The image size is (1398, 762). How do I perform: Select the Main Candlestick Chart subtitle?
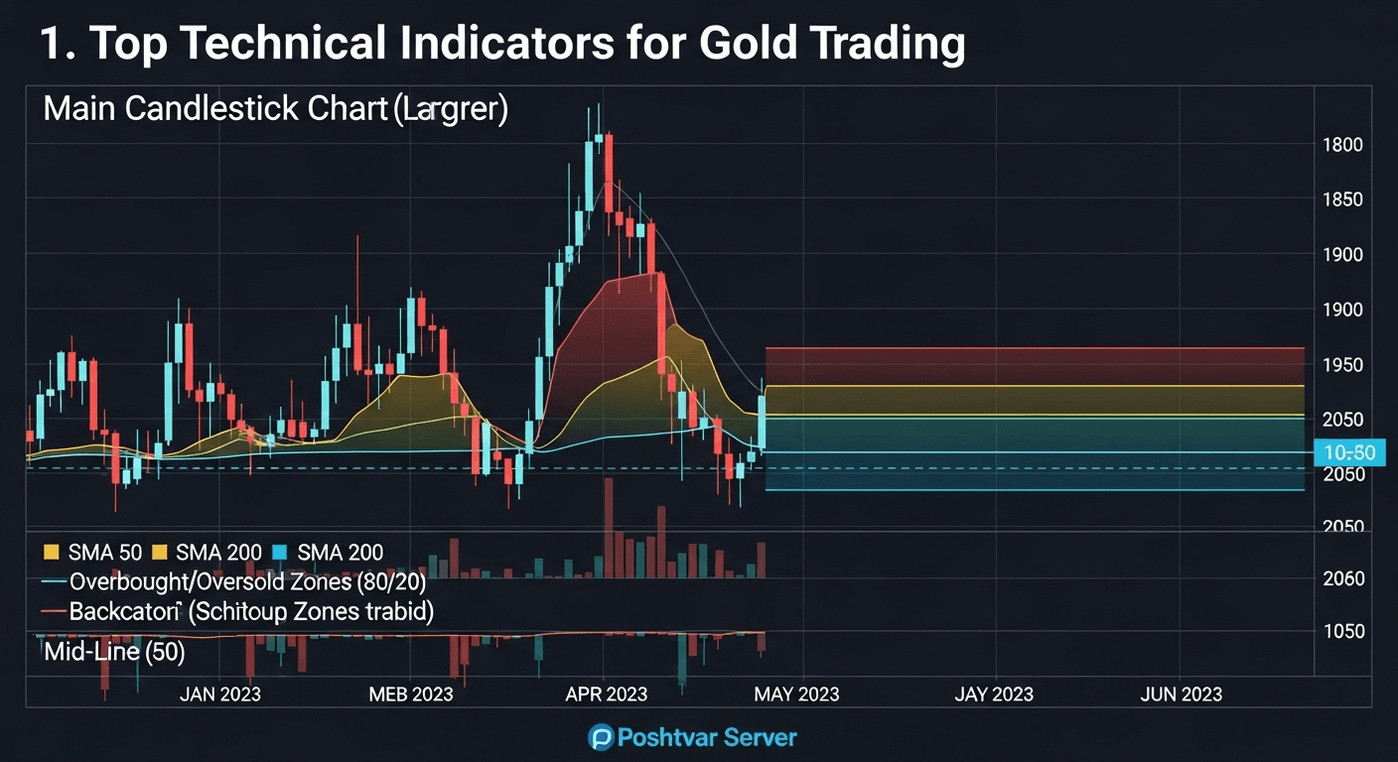coord(275,108)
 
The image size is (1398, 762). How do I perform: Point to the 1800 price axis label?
coord(1342,145)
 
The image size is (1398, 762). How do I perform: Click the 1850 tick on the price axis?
coord(1342,199)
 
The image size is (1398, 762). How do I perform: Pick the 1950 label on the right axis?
coord(1342,365)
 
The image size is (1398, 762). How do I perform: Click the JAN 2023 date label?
coord(219,695)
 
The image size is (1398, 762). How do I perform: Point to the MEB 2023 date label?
coord(411,695)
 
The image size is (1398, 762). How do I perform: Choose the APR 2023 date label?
coord(606,695)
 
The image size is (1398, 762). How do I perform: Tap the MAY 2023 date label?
coord(796,695)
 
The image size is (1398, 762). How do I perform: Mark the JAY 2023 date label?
coord(993,695)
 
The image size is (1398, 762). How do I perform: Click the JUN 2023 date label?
coord(1181,695)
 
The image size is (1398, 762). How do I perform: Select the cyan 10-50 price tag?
coord(1348,453)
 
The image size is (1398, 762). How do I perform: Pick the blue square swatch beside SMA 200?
coord(279,553)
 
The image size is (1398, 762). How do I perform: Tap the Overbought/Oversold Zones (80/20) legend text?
coord(247,582)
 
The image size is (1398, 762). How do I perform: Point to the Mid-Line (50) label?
coord(114,653)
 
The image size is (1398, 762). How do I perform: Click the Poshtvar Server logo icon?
coord(600,737)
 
